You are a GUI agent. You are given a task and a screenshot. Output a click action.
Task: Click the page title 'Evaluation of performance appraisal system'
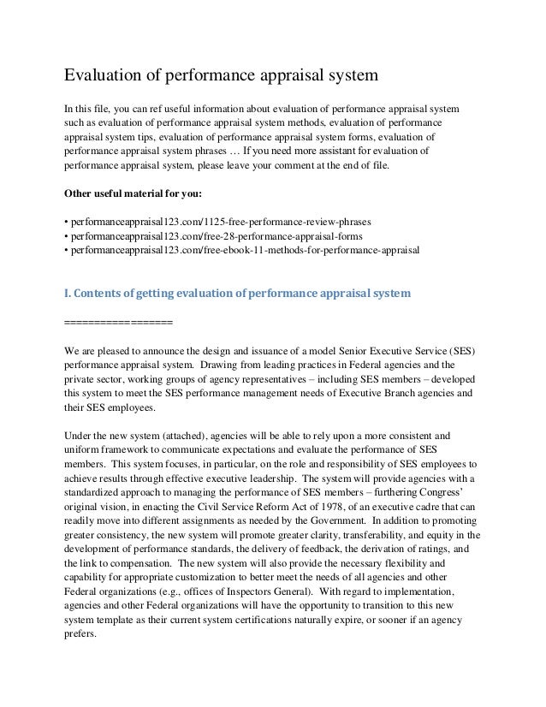222,77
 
